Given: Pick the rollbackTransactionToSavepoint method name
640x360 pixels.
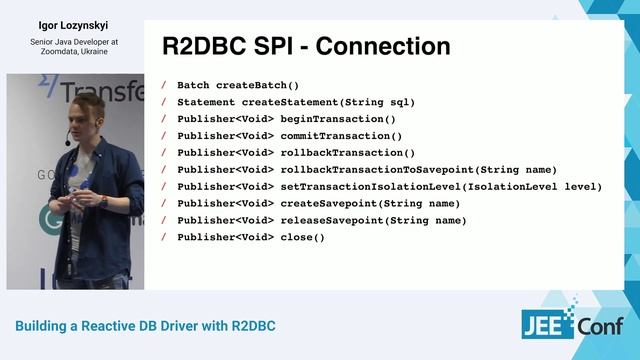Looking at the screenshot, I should [377, 170].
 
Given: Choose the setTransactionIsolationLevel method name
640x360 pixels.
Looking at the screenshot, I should [380, 187].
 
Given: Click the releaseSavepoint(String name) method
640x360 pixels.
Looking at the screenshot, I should [373, 220].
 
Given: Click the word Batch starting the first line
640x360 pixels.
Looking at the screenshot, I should [193, 85].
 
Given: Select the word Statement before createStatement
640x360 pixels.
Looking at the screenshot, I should [207, 102].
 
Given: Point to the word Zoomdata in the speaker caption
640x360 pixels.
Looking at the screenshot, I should [54, 52].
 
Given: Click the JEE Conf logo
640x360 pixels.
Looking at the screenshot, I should [572, 324].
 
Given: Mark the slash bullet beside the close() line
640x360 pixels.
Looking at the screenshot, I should [164, 237].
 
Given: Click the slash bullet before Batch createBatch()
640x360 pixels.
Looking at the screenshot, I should [164, 85].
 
